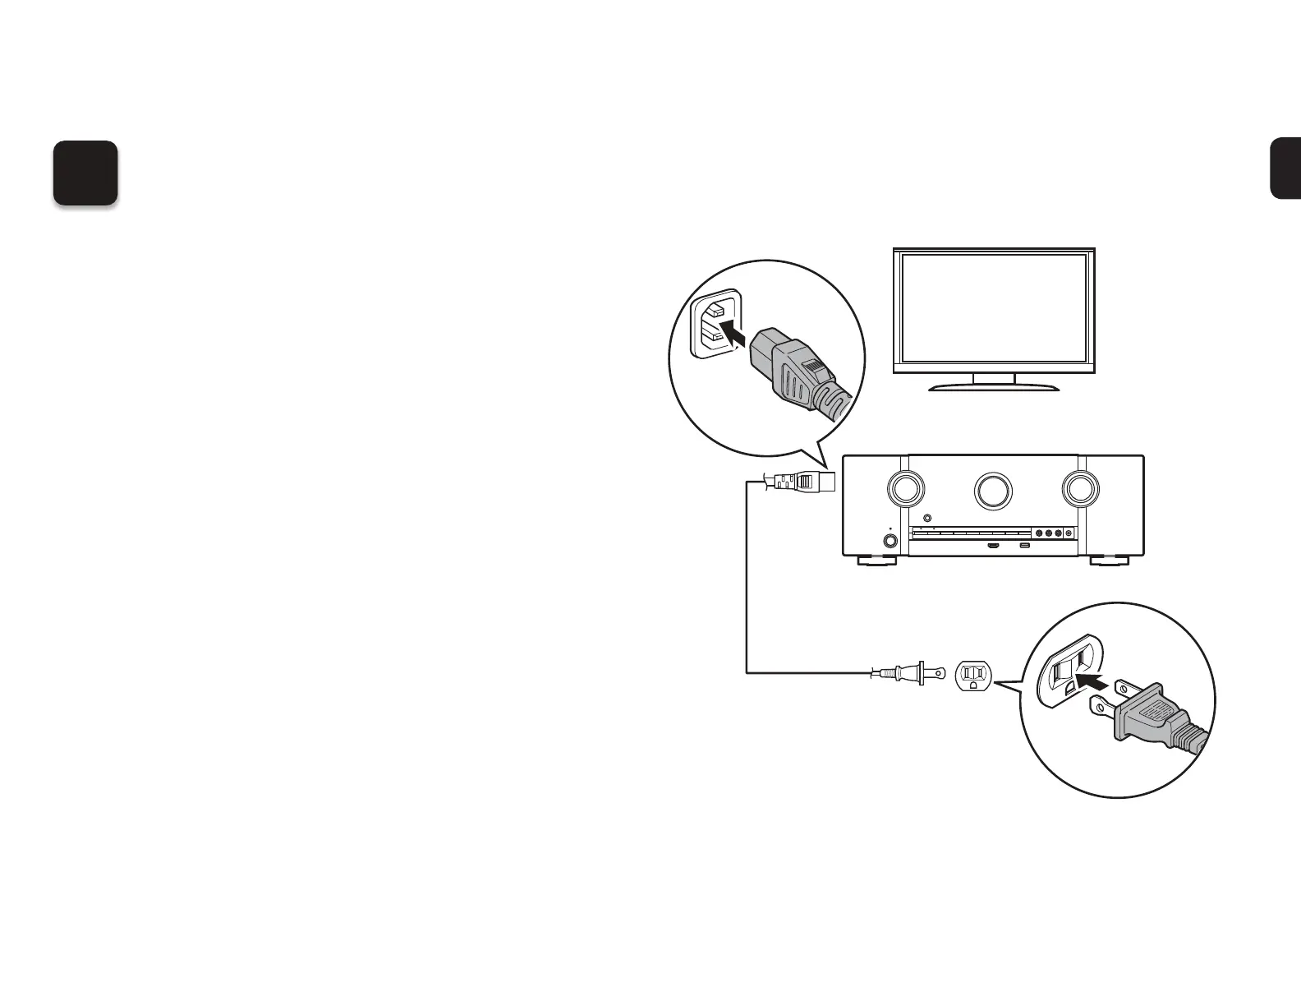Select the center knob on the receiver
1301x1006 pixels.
click(x=993, y=490)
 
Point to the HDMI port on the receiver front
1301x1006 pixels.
click(x=993, y=546)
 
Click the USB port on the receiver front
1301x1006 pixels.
click(x=1024, y=546)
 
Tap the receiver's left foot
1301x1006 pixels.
click(x=877, y=561)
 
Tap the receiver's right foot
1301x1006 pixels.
click(x=1108, y=561)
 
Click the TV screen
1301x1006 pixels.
click(x=994, y=308)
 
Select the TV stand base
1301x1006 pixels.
click(x=994, y=386)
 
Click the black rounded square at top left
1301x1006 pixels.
click(x=85, y=173)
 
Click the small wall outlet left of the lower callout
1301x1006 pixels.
click(x=973, y=676)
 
